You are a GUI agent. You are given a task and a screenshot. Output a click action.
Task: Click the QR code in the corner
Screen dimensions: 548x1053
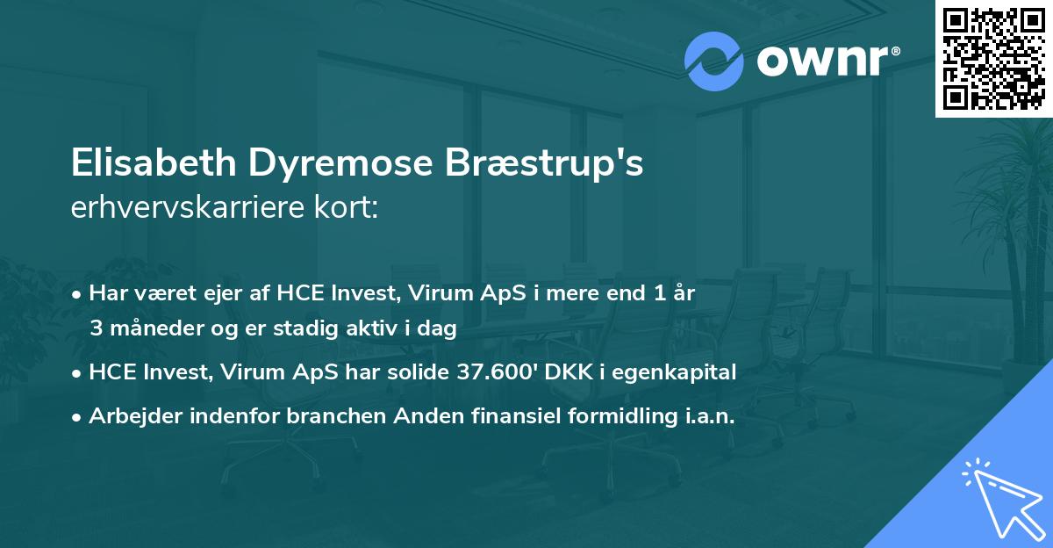click(x=994, y=58)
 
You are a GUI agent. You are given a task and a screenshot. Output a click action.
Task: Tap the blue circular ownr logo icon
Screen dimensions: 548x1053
click(x=714, y=61)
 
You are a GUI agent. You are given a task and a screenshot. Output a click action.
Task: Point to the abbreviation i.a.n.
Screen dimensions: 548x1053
click(x=706, y=416)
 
